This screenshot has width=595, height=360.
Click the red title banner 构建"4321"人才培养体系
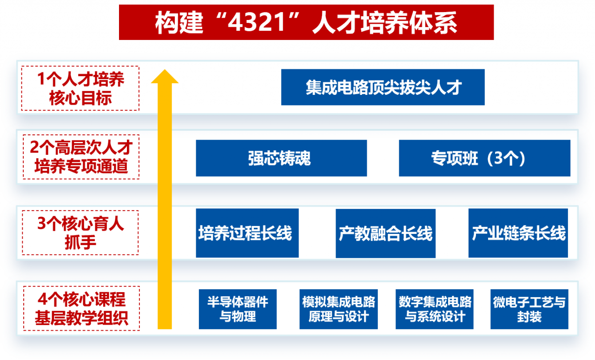coord(306,22)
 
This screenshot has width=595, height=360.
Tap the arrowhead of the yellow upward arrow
coord(165,77)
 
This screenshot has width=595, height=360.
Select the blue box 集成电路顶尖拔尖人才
coord(383,87)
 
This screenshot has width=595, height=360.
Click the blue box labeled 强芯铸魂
coord(281,158)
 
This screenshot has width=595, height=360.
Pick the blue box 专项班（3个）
coord(484,158)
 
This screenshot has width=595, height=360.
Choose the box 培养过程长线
coord(247,233)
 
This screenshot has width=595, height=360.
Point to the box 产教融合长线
coord(385,233)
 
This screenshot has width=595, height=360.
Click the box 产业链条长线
coord(518,233)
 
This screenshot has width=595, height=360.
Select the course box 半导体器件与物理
coord(238,309)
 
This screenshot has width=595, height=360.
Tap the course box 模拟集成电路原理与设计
coord(338,309)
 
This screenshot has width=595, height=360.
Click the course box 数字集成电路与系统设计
coord(435,309)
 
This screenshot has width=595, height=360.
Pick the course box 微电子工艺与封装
coord(529,309)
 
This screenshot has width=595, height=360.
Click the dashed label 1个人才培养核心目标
coord(80,88)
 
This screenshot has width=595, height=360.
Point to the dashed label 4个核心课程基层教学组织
coord(80,308)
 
